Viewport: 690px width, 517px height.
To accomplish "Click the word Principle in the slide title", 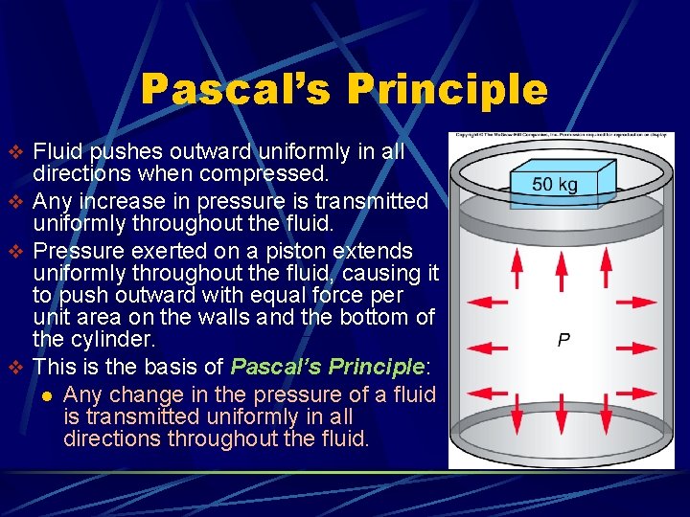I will (448, 89).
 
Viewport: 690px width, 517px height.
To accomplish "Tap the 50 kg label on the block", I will (554, 184).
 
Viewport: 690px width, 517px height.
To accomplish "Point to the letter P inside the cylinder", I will (564, 340).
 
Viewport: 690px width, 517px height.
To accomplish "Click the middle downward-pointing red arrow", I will (561, 410).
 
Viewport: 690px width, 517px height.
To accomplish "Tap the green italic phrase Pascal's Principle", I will (328, 367).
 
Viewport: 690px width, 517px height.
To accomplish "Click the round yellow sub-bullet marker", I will (45, 395).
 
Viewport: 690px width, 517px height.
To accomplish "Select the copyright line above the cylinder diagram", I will (562, 136).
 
